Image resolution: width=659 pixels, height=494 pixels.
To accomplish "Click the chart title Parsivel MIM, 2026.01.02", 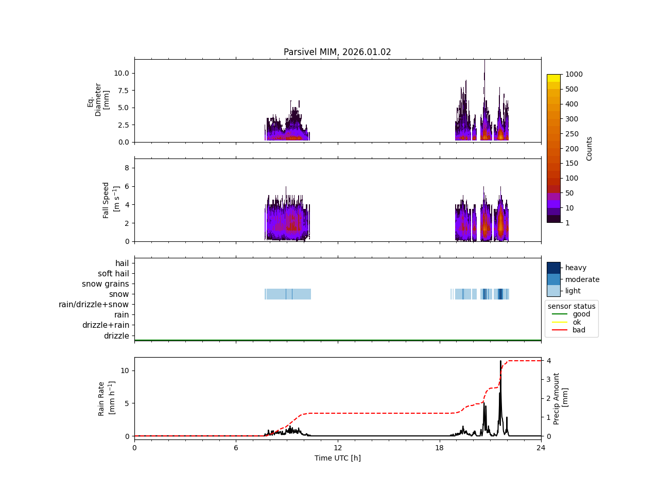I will [337, 52].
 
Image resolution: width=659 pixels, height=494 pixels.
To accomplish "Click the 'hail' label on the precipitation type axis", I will [122, 263].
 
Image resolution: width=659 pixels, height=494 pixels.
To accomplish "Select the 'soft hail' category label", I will [113, 274].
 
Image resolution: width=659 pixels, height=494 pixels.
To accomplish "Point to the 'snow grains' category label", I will [106, 284].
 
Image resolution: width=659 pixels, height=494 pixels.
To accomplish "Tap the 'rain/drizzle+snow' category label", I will [94, 305].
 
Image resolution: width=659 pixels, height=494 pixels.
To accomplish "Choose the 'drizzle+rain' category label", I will [106, 325].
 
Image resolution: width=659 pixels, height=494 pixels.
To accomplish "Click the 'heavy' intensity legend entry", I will [576, 268].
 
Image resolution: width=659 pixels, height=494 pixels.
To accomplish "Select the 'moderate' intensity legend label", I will [582, 279].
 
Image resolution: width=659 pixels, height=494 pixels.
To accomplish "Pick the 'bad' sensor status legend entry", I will [579, 330].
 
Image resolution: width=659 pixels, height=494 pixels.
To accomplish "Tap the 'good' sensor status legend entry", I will [581, 314].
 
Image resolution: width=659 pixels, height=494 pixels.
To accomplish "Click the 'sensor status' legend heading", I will [571, 306].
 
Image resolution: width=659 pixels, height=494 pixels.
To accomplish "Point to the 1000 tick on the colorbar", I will [574, 74].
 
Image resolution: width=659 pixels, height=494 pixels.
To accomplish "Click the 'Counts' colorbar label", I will [589, 148].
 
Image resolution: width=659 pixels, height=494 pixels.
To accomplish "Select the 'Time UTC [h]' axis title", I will [338, 458].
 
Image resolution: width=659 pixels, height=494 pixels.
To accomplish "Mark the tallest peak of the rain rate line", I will [500, 361].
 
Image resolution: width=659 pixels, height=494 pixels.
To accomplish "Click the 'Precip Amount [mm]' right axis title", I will [561, 399].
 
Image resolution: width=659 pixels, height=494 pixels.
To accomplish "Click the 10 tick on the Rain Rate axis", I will [125, 370].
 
